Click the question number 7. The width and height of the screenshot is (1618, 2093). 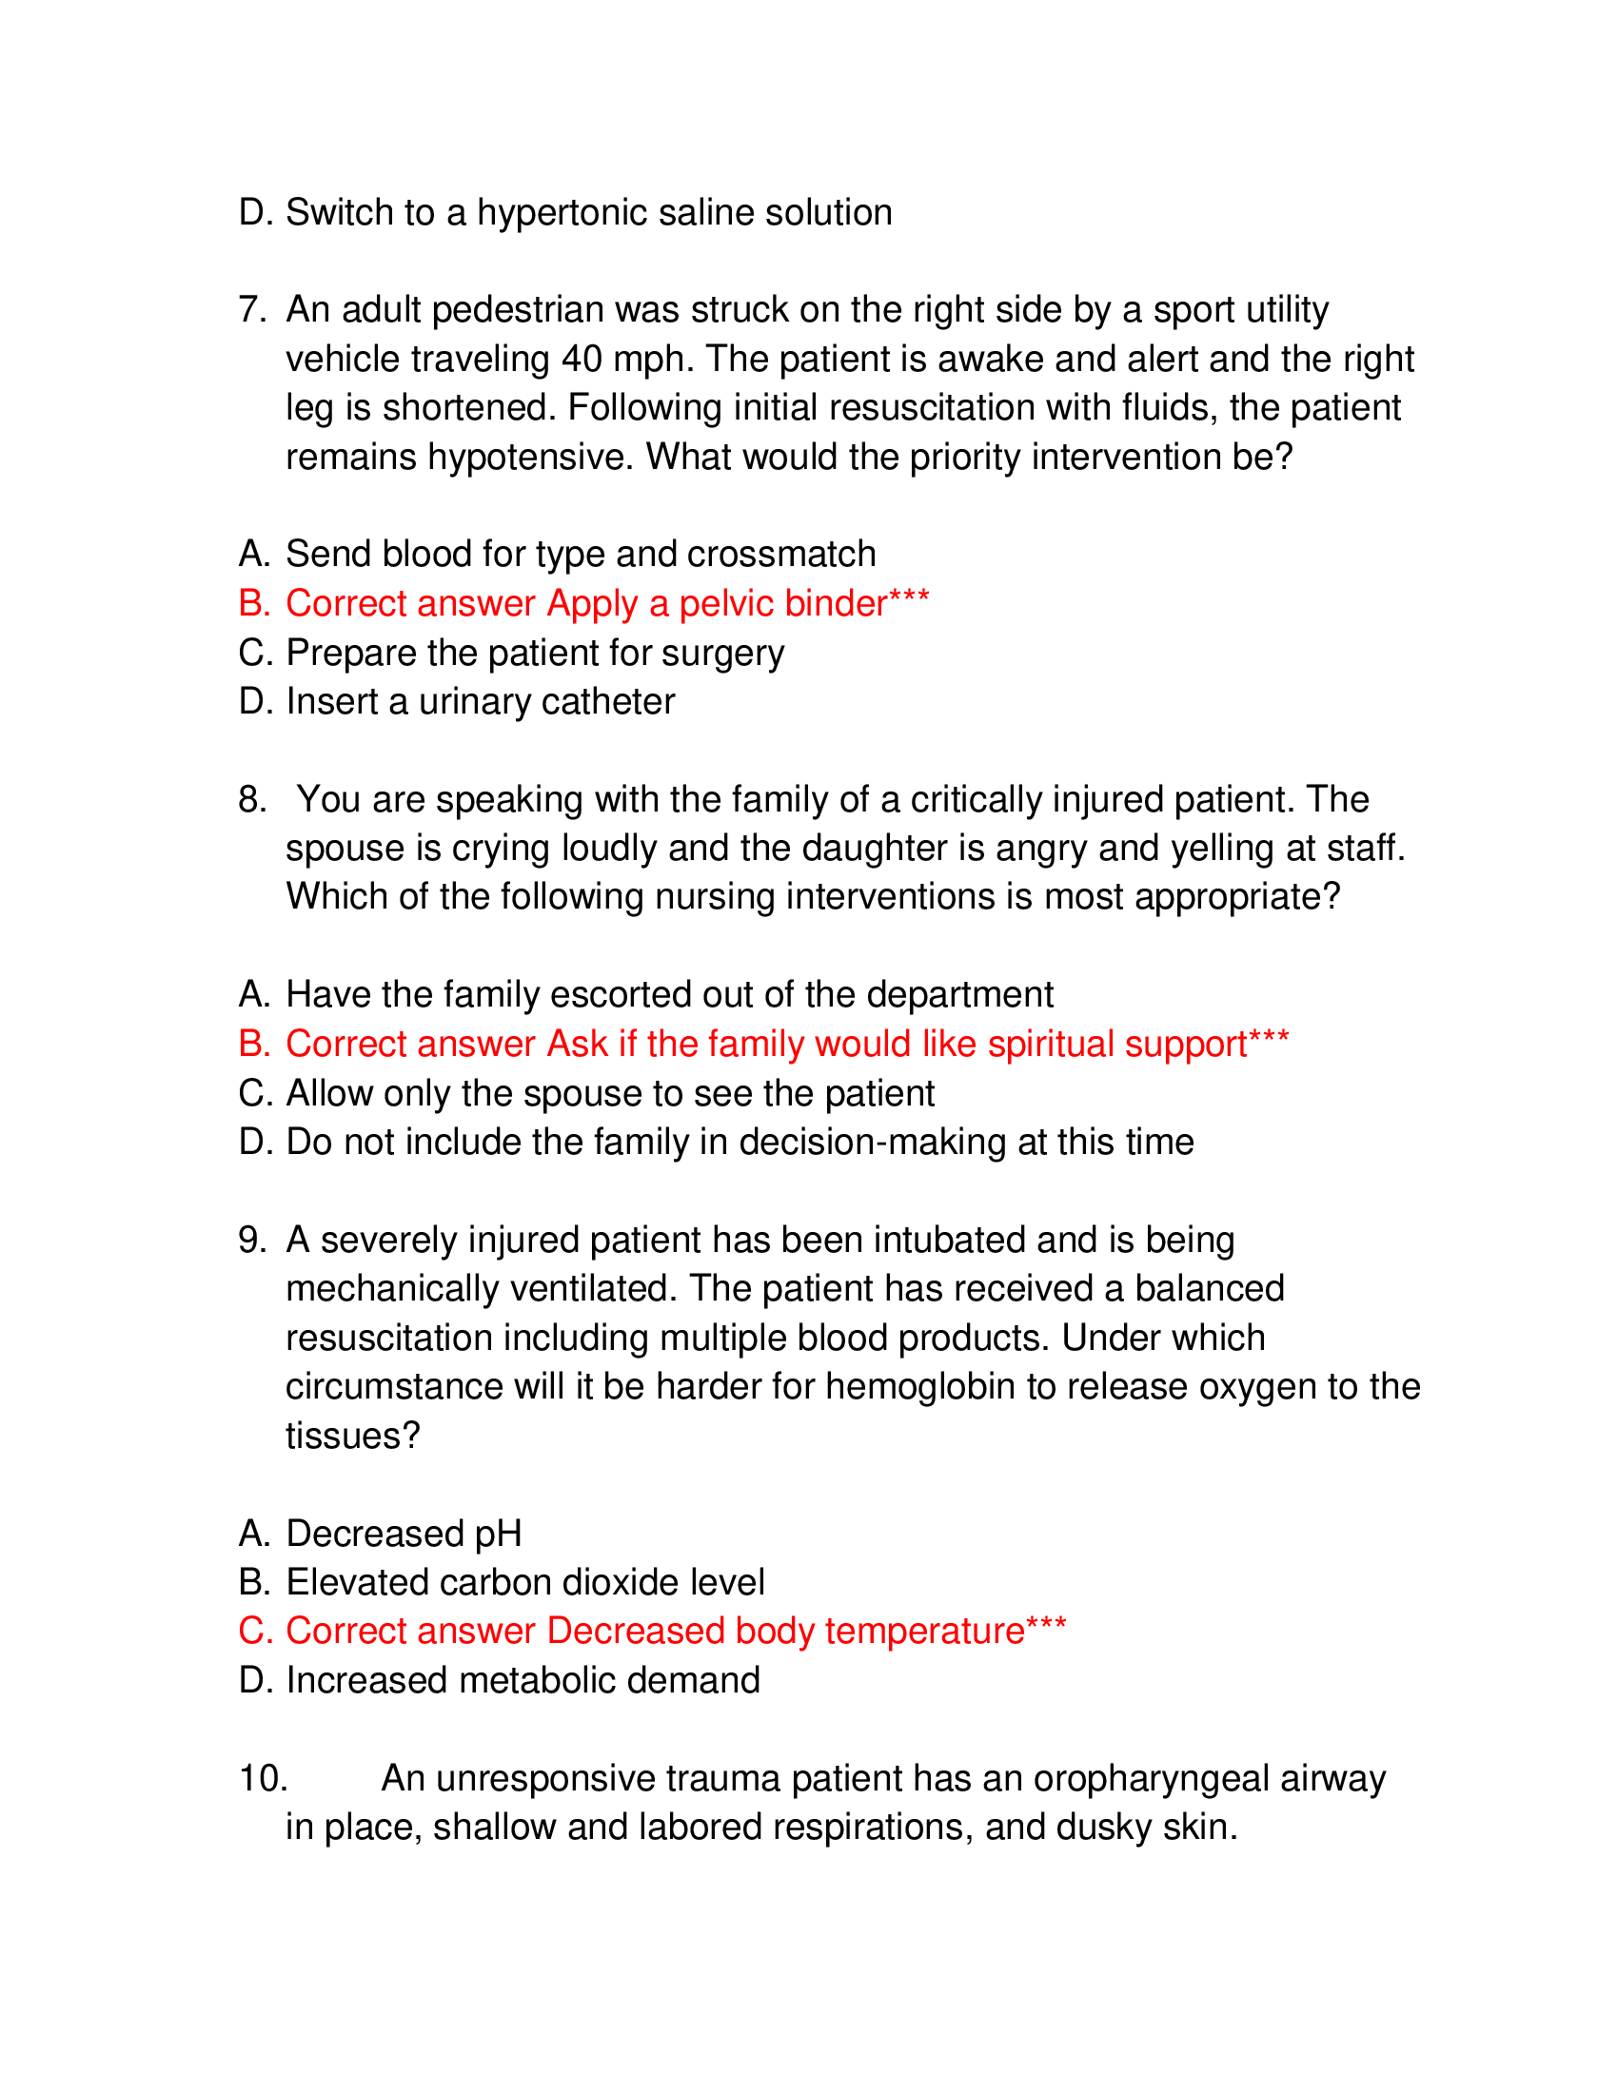click(x=251, y=310)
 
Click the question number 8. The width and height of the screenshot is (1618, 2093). click(x=251, y=800)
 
